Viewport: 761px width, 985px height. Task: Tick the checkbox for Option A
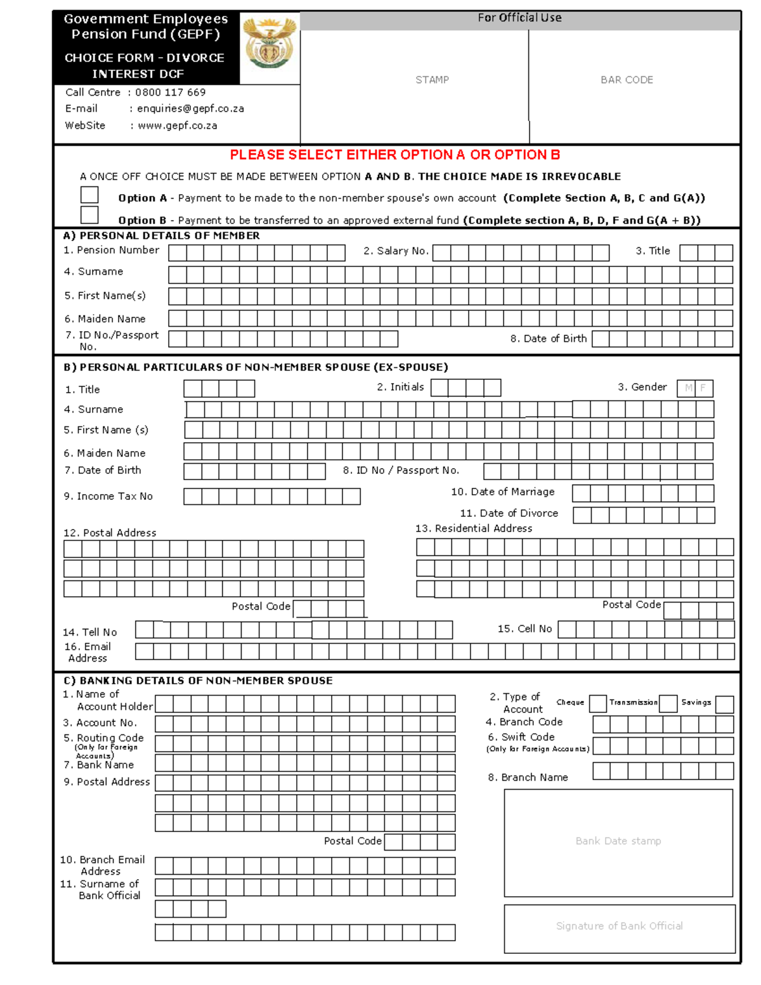(89, 195)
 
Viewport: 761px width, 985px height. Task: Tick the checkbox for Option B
(89, 215)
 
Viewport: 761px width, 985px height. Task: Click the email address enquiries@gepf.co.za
(190, 108)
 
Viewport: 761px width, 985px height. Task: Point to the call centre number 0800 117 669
(170, 92)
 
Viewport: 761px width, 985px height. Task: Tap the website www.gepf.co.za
(177, 126)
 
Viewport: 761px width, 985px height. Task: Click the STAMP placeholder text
(432, 80)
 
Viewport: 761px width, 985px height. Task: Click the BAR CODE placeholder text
(627, 80)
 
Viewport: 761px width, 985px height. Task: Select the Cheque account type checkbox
(597, 703)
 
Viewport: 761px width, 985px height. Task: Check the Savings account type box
(724, 704)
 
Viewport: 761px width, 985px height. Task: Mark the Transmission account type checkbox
(668, 703)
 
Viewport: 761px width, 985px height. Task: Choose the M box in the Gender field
(687, 388)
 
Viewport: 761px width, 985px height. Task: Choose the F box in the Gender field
(704, 388)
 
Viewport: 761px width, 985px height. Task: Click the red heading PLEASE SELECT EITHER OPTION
(394, 155)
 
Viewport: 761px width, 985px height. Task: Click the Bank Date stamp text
(618, 841)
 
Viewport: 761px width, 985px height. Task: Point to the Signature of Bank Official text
(619, 926)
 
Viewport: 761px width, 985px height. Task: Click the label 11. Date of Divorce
(509, 513)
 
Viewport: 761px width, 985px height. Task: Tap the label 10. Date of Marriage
(502, 492)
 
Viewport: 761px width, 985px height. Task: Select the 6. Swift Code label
(521, 737)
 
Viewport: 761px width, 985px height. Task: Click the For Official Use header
(519, 18)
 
